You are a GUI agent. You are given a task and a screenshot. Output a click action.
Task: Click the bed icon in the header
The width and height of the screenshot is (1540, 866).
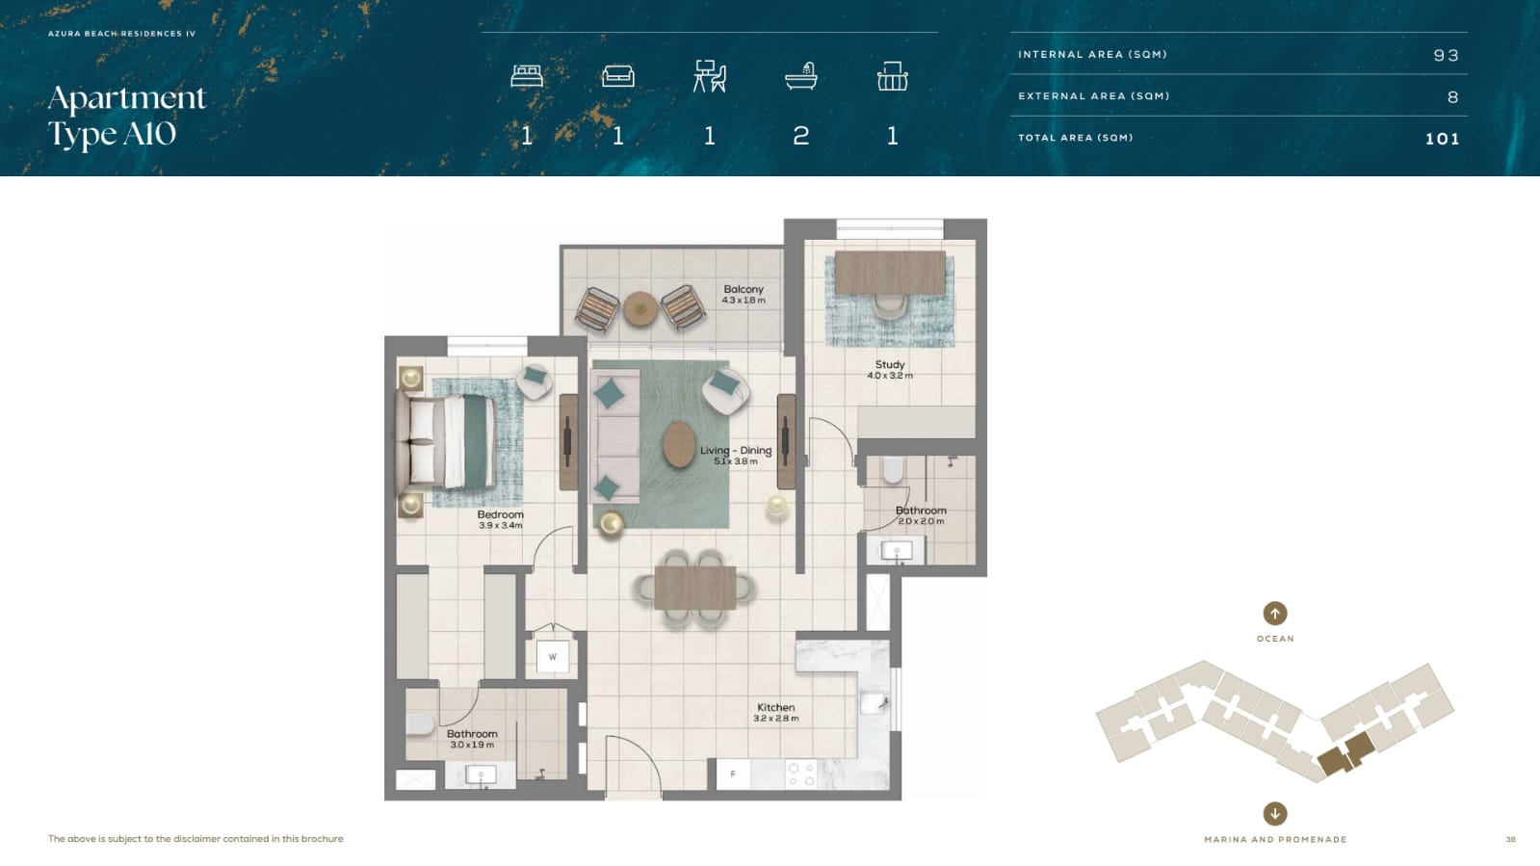tap(527, 76)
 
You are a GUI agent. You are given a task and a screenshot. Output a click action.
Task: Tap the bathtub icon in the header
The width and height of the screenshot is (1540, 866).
tap(801, 76)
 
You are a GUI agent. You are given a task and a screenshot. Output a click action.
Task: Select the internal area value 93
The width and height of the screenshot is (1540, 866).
tap(1446, 55)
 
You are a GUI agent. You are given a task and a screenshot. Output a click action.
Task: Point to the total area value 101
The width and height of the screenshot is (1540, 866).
tap(1442, 139)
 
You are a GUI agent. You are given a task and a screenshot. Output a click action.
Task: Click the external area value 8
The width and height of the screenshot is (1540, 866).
tap(1452, 97)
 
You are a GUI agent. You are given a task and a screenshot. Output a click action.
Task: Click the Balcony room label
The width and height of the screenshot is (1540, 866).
tap(744, 290)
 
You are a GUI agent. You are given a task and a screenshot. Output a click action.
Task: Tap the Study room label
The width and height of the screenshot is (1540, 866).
tap(890, 364)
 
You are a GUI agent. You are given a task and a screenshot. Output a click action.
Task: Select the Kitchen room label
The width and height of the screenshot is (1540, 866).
tap(775, 707)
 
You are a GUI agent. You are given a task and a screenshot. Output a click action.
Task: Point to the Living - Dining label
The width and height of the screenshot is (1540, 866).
tap(736, 451)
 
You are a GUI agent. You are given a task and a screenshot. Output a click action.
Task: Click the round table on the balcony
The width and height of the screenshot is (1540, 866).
tap(640, 309)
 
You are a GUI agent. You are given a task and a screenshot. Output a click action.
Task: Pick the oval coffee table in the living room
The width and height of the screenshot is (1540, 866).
tap(679, 444)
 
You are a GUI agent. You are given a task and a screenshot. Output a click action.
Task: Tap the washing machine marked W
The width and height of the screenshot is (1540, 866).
tap(552, 657)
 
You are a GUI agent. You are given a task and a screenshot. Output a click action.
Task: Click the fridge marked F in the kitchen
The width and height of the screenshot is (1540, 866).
tap(733, 774)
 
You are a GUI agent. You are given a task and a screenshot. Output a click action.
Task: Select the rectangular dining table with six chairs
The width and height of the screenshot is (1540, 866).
tap(695, 589)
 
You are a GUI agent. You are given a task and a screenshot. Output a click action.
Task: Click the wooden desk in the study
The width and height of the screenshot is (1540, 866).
tap(890, 273)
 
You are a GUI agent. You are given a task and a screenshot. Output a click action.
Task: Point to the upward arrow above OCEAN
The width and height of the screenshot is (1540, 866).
tap(1274, 613)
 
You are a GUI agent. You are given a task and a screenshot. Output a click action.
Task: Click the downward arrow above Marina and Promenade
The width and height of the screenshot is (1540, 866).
tap(1274, 814)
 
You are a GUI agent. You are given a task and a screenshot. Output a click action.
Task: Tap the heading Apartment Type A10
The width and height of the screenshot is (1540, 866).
tap(126, 117)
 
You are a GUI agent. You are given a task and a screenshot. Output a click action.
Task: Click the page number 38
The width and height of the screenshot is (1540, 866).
tap(1510, 839)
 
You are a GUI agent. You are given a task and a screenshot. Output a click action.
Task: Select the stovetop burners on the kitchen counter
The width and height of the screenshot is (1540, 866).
tap(801, 774)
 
